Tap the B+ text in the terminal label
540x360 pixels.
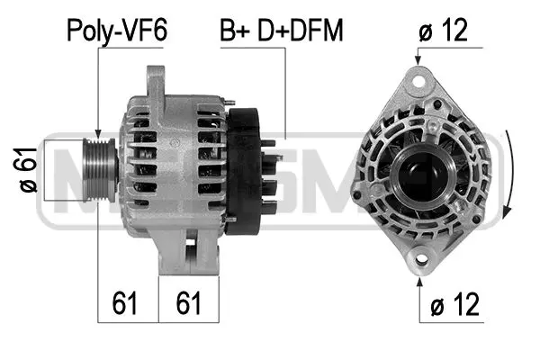coord(237,33)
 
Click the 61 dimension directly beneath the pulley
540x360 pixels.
coord(127,302)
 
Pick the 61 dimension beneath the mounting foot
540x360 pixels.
coord(188,302)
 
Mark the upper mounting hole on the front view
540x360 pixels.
coord(418,80)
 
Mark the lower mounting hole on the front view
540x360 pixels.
coord(420,261)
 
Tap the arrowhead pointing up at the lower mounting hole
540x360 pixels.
coord(420,280)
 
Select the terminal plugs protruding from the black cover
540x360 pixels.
coord(269,171)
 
